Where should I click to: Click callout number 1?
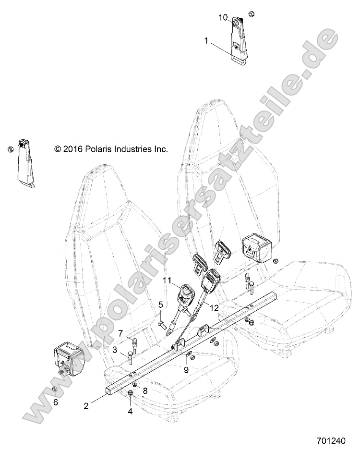point(206,41)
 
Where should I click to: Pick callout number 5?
point(161,304)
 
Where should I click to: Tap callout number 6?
point(55,402)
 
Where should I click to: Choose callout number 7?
point(120,333)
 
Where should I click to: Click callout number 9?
point(187,369)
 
